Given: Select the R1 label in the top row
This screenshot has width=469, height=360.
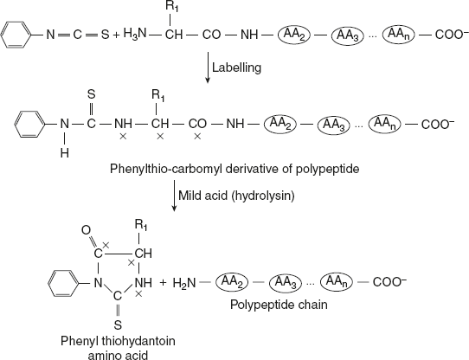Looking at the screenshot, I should [173, 10].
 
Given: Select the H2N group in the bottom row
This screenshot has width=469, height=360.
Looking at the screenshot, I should [193, 283].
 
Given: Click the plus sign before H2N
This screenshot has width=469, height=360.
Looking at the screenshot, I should [164, 283].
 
